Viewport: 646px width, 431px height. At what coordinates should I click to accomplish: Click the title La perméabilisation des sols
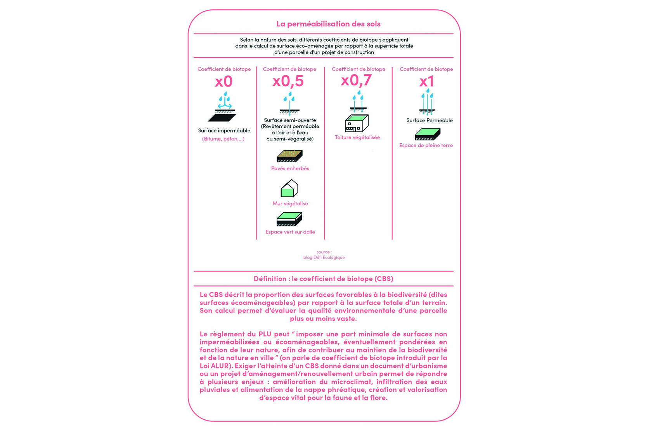click(328, 24)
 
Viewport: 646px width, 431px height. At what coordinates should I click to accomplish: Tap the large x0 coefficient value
click(224, 82)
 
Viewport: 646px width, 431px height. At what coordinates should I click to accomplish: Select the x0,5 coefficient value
click(288, 81)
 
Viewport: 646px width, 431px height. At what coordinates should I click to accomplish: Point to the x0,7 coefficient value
click(356, 80)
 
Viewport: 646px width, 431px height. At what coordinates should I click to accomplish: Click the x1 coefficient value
click(426, 82)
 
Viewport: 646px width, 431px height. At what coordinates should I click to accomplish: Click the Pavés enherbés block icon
click(289, 156)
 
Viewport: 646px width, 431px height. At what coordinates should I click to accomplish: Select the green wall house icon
click(289, 188)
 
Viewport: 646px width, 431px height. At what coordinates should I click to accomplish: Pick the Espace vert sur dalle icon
click(289, 219)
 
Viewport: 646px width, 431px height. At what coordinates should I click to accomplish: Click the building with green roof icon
click(357, 123)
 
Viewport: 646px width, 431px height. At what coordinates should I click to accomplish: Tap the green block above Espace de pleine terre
click(427, 134)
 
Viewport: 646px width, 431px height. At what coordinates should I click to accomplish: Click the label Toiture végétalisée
click(357, 137)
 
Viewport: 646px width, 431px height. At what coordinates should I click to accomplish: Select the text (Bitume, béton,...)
click(223, 139)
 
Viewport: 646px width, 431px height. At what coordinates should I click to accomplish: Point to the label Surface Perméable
click(430, 120)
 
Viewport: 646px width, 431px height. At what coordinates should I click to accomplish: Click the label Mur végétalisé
click(290, 203)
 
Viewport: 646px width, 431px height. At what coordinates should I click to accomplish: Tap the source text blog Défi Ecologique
click(324, 257)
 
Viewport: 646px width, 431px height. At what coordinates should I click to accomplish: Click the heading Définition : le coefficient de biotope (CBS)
click(323, 279)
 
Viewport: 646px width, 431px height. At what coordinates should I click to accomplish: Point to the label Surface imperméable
click(224, 130)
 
